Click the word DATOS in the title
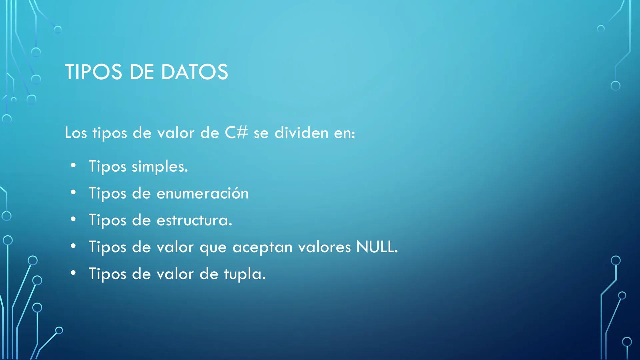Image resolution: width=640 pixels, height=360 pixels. pyautogui.click(x=194, y=72)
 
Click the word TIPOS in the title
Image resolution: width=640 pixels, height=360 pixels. pyautogui.click(x=94, y=72)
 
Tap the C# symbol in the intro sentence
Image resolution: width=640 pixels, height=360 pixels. pyautogui.click(x=236, y=133)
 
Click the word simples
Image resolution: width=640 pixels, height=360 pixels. pyautogui.click(x=160, y=166)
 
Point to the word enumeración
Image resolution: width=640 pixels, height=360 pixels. pyautogui.click(x=203, y=193)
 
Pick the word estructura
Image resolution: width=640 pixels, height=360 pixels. pyautogui.click(x=194, y=220)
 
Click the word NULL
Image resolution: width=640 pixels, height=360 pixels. pyautogui.click(x=377, y=247)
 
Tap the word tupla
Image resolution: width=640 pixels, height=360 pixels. pyautogui.click(x=245, y=274)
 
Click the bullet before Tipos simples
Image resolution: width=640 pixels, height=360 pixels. pyautogui.click(x=73, y=165)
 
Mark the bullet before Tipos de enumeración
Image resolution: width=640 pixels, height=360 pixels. pyautogui.click(x=73, y=192)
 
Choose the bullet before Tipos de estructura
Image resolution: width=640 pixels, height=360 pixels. pyautogui.click(x=73, y=219)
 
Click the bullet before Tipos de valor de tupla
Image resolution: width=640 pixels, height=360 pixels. pyautogui.click(x=73, y=273)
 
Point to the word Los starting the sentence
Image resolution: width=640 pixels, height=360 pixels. pyautogui.click(x=76, y=133)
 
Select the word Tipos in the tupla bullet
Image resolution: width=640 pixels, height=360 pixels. pyautogui.click(x=107, y=274)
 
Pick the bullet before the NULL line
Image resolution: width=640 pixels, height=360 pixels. pyautogui.click(x=73, y=246)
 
